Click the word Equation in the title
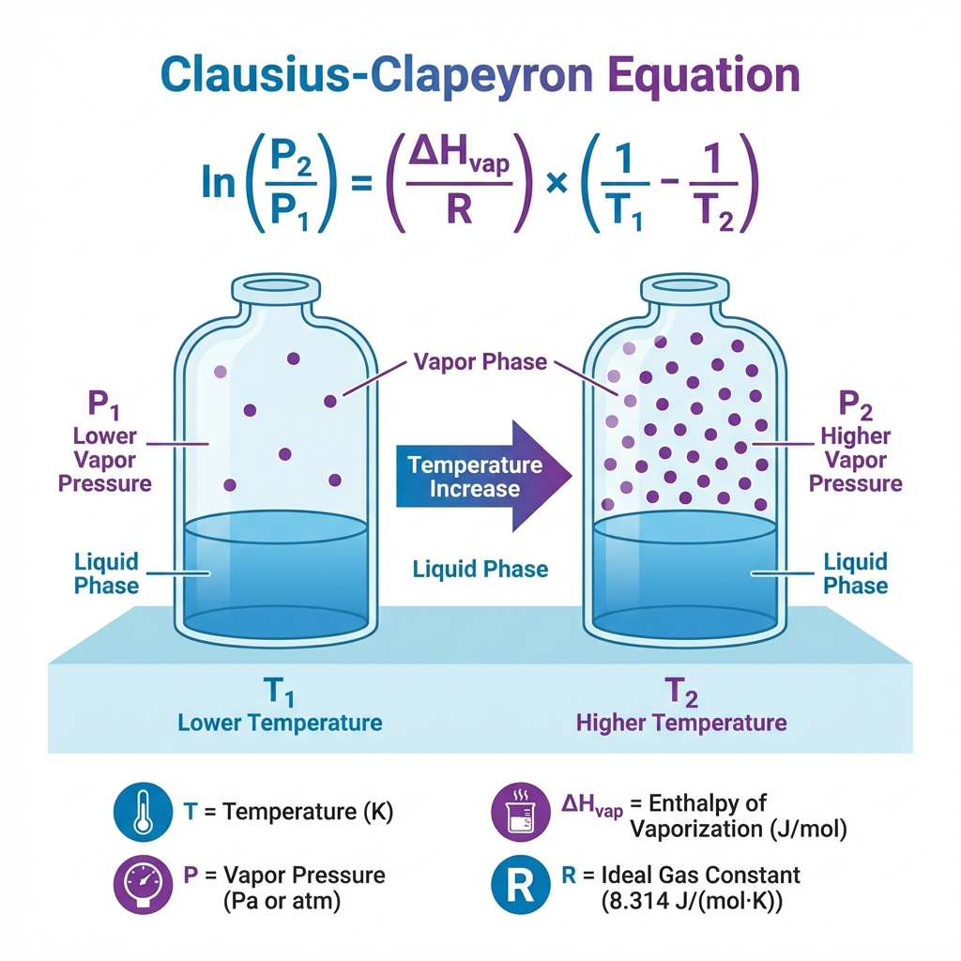pyautogui.click(x=704, y=75)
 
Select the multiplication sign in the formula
pyautogui.click(x=557, y=183)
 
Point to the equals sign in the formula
pyautogui.click(x=361, y=183)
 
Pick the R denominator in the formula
pyautogui.click(x=458, y=208)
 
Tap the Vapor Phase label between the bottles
pyautogui.click(x=480, y=361)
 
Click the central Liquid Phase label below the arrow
pyautogui.click(x=480, y=569)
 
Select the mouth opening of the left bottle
pyautogui.click(x=276, y=286)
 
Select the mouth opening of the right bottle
pyautogui.click(x=684, y=286)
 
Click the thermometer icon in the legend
pyautogui.click(x=143, y=812)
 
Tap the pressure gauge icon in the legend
pyautogui.click(x=143, y=884)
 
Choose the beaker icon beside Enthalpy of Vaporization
pyautogui.click(x=520, y=812)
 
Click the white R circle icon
pyautogui.click(x=520, y=884)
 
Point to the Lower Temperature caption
pyautogui.click(x=280, y=723)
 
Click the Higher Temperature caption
pyautogui.click(x=681, y=723)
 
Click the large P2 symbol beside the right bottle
pyautogui.click(x=856, y=404)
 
